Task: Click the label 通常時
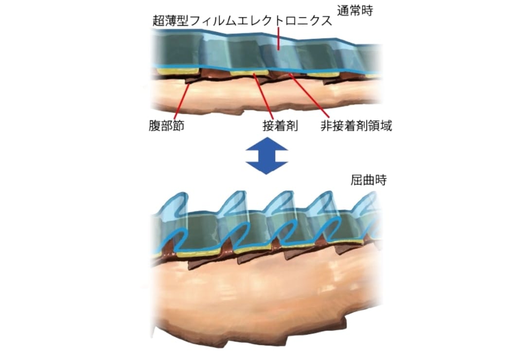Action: pyautogui.click(x=355, y=11)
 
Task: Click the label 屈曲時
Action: pyautogui.click(x=369, y=180)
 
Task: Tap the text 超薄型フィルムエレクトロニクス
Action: pyautogui.click(x=242, y=21)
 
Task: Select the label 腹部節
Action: pyautogui.click(x=166, y=126)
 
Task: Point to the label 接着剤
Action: pyautogui.click(x=281, y=126)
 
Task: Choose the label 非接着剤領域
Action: pyautogui.click(x=356, y=126)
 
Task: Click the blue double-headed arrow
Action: pyautogui.click(x=266, y=156)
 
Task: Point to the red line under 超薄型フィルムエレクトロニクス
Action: pyautogui.click(x=279, y=38)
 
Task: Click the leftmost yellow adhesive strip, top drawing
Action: pyautogui.click(x=177, y=71)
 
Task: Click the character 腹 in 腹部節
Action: pyautogui.click(x=155, y=126)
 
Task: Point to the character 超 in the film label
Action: pyautogui.click(x=159, y=21)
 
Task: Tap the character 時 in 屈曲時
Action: pyautogui.click(x=381, y=180)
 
